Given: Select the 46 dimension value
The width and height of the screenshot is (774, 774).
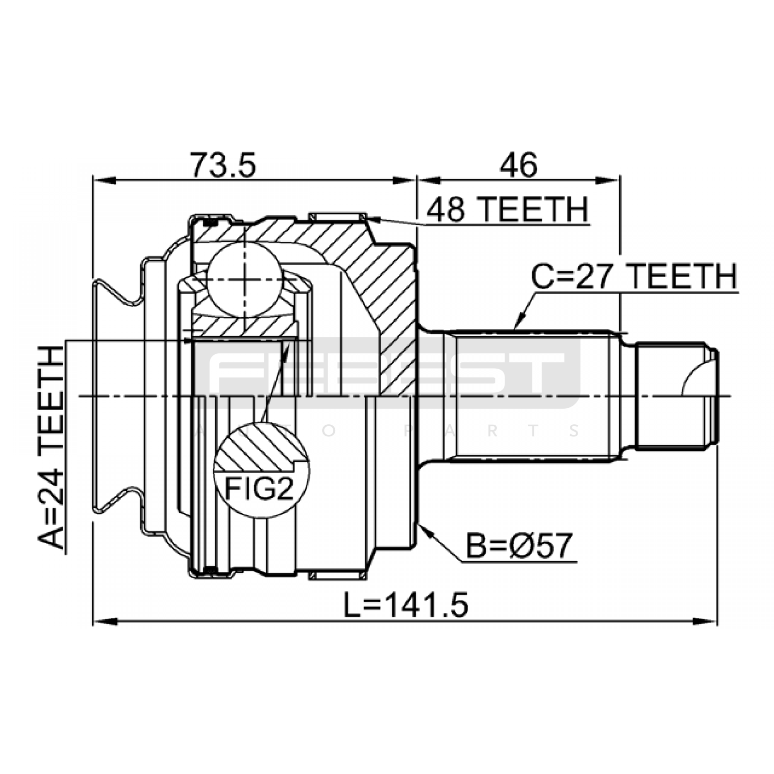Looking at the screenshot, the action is pyautogui.click(x=518, y=165).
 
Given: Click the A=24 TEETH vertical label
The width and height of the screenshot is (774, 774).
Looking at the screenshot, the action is pyautogui.click(x=51, y=447).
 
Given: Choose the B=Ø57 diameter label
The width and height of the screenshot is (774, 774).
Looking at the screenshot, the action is pyautogui.click(x=519, y=546).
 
